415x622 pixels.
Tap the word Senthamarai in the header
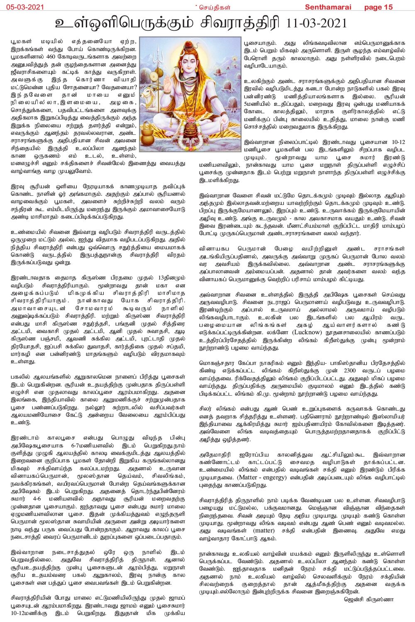tap(328, 7)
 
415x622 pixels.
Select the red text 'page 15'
tap(378, 7)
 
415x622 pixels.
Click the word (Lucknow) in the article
tap(307, 332)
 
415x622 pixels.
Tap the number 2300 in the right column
tap(350, 370)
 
